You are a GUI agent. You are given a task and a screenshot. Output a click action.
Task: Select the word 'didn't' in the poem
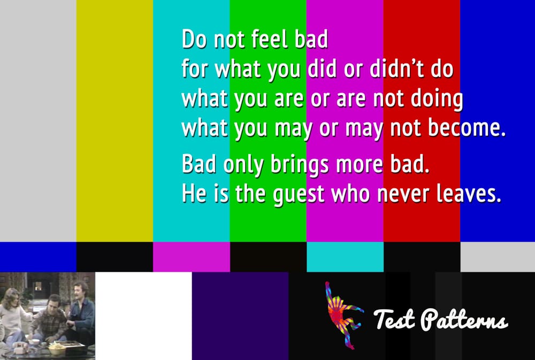pyautogui.click(x=397, y=68)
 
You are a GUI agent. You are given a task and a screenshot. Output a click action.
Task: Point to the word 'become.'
pyautogui.click(x=467, y=128)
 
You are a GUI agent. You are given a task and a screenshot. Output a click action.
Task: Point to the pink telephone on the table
pyautogui.click(x=20, y=348)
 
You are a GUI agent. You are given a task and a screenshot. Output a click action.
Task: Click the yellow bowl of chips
pyautogui.click(x=57, y=349)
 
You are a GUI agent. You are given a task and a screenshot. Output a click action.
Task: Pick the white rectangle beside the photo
pyautogui.click(x=143, y=316)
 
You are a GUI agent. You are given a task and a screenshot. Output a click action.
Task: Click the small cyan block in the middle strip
pyautogui.click(x=345, y=257)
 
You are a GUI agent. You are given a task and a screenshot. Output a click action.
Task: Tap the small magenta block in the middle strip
pyautogui.click(x=192, y=257)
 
